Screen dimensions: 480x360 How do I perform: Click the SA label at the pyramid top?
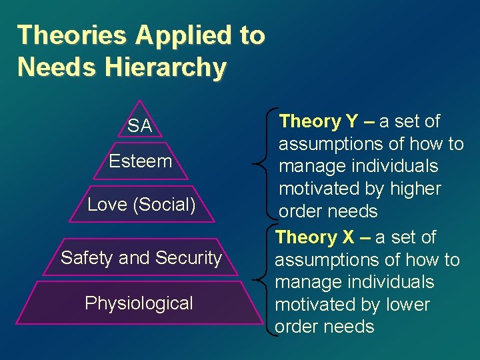(140, 126)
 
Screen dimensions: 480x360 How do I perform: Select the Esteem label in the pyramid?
(141, 161)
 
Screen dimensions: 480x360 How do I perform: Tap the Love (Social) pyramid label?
(141, 205)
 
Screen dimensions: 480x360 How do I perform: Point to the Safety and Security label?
(141, 258)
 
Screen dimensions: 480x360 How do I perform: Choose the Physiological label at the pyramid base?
(139, 303)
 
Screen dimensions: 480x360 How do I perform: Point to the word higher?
(416, 189)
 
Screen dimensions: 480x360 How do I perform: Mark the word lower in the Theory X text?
(408, 305)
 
